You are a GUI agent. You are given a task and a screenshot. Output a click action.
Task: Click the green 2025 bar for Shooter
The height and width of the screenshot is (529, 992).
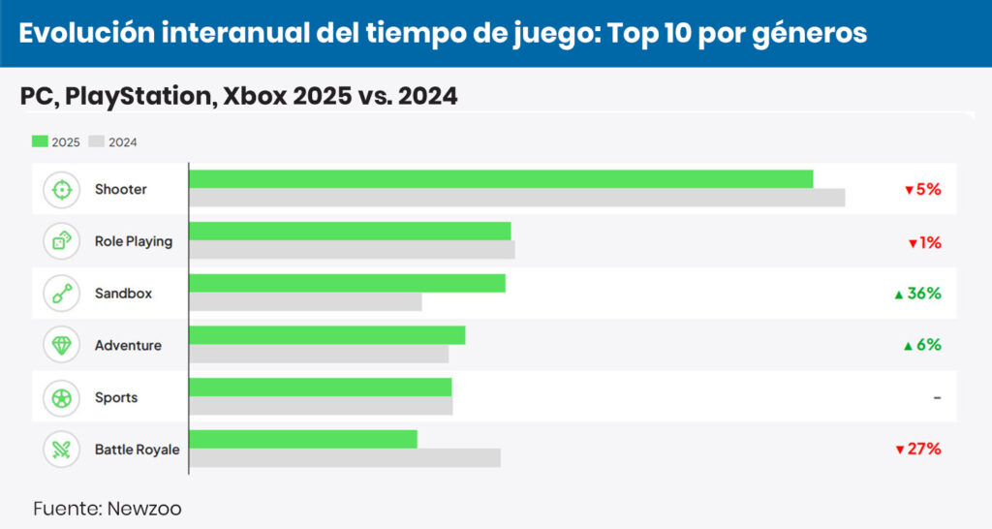[x=501, y=179]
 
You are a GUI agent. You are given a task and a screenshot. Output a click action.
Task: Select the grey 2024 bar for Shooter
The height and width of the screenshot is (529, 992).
[x=516, y=198]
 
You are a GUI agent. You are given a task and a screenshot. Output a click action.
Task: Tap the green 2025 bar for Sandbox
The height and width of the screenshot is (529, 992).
[x=347, y=283]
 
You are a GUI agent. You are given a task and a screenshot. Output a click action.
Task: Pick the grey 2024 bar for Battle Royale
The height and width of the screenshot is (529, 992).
[x=344, y=457]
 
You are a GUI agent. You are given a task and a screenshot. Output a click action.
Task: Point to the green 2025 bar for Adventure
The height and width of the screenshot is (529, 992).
[x=326, y=335]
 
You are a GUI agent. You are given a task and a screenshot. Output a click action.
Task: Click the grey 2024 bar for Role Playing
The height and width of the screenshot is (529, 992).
[x=352, y=250]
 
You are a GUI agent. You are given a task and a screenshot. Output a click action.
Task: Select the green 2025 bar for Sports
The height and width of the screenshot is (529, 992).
[x=320, y=388]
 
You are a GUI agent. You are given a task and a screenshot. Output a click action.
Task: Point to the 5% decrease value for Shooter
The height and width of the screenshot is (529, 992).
[x=923, y=190]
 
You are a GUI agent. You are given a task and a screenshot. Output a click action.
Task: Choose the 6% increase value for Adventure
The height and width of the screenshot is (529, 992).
[x=923, y=345]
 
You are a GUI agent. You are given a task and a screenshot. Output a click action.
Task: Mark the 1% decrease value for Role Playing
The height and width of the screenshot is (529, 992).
[x=925, y=242]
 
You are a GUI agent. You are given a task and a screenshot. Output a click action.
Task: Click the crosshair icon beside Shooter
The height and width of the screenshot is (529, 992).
[x=62, y=190]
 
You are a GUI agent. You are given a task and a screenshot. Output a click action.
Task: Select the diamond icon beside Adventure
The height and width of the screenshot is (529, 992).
[x=62, y=345]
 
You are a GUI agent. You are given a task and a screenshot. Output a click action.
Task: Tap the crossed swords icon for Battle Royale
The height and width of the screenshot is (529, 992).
[x=62, y=450]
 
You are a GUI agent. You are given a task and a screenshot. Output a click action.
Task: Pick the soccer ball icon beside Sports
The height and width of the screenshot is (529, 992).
[x=62, y=397]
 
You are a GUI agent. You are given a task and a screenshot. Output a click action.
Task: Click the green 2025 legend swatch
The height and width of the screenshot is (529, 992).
[x=40, y=141]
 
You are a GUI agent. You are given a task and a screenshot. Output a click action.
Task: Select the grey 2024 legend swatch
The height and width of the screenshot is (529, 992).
[x=96, y=141]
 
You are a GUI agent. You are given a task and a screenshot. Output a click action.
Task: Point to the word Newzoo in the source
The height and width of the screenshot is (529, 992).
[x=144, y=509]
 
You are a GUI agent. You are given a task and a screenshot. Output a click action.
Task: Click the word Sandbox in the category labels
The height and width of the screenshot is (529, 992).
[x=123, y=294]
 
